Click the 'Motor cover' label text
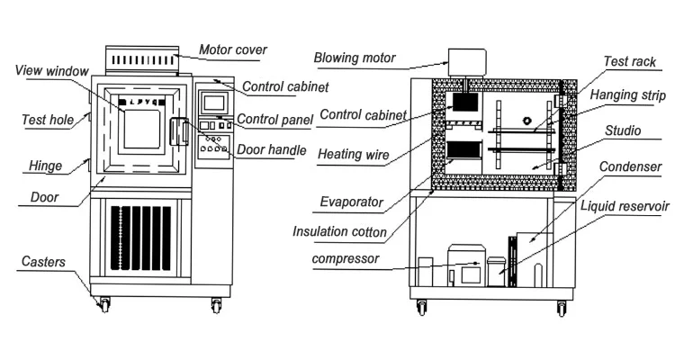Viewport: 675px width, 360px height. click(232, 49)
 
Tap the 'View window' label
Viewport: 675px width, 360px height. click(52, 70)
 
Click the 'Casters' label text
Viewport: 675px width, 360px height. click(43, 262)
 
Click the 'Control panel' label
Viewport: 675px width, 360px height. click(274, 120)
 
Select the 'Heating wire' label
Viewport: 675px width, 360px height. click(354, 154)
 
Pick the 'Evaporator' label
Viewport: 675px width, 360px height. click(351, 202)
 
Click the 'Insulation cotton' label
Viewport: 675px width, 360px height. click(339, 231)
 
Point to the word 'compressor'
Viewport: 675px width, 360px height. click(345, 260)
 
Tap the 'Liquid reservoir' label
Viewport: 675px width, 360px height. click(625, 206)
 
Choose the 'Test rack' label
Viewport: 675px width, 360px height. click(629, 61)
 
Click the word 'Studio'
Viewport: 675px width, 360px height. click(622, 130)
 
